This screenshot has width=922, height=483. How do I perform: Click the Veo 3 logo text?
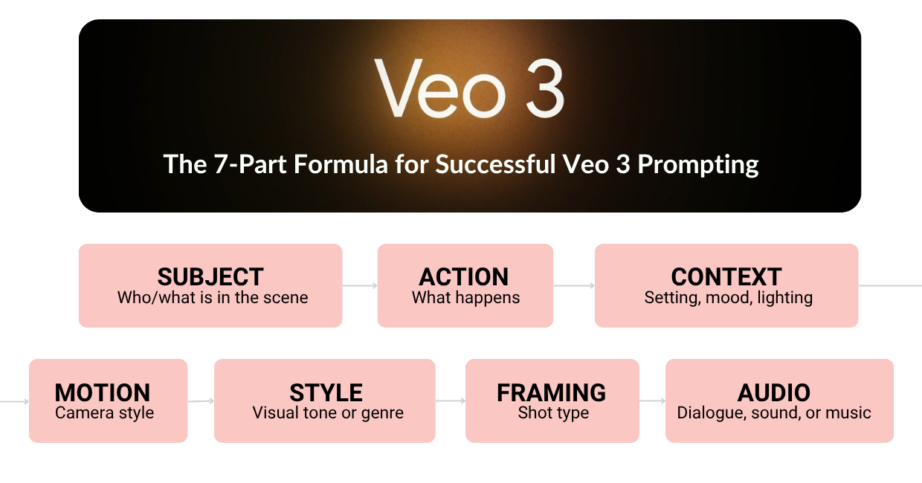pos(469,88)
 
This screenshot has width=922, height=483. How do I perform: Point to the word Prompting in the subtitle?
pos(698,164)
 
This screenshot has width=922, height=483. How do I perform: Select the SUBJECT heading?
pos(210,276)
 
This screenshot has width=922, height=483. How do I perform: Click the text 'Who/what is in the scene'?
pos(213,298)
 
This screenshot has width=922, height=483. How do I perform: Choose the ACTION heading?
pos(464,276)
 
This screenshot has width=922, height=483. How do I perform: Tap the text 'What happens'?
pos(465,298)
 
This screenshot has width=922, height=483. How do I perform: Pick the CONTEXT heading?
pos(726,276)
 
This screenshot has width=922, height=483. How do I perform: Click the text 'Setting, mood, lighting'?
pos(728,298)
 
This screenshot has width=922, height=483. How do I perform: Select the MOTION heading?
pos(103,392)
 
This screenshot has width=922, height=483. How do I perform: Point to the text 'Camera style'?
pos(105,413)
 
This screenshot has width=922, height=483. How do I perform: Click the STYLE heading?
pos(326,392)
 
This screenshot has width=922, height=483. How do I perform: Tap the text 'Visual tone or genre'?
pos(328,413)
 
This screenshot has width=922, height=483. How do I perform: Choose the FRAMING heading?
pos(551,392)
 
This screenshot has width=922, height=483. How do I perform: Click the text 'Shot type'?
pos(553,413)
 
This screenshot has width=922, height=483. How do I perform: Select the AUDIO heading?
pos(773,392)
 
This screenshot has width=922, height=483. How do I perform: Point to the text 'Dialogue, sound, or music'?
pos(774,413)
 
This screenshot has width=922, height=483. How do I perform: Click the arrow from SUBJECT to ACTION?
pos(360,285)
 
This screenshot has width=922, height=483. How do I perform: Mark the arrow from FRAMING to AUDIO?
pos(652,401)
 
